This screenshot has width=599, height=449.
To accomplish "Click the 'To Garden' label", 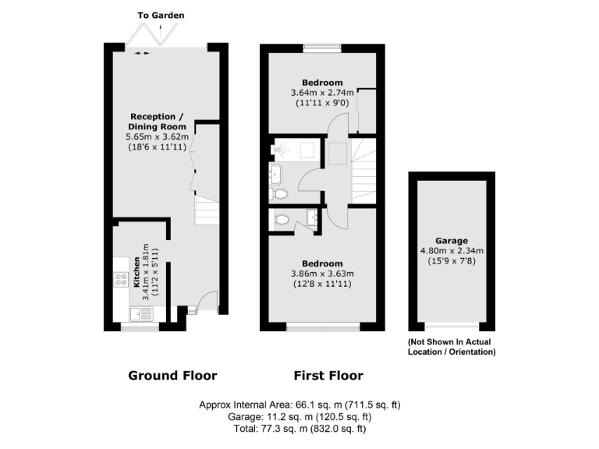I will point(161,15).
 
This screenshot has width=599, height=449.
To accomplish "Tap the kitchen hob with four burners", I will point(121,278).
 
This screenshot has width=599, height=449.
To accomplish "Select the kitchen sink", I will point(142,313).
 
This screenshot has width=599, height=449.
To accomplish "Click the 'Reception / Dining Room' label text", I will point(158,121).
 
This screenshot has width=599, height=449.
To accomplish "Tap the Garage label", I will point(452,240).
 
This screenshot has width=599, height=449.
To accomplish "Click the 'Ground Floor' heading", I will point(172,376).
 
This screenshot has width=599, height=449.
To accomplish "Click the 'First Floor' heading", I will point(328,376).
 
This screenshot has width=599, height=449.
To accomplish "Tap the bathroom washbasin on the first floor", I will point(277,171).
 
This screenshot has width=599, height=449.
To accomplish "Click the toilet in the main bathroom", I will point(280,193).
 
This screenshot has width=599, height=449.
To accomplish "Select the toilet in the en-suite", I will point(282,219).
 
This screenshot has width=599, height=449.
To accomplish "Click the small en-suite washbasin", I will point(312,217).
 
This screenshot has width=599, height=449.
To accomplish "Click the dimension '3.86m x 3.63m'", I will point(323,274).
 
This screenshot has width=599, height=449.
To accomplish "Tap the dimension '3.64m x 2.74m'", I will point(323,93).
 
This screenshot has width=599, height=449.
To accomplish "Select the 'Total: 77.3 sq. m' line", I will point(299,429).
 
